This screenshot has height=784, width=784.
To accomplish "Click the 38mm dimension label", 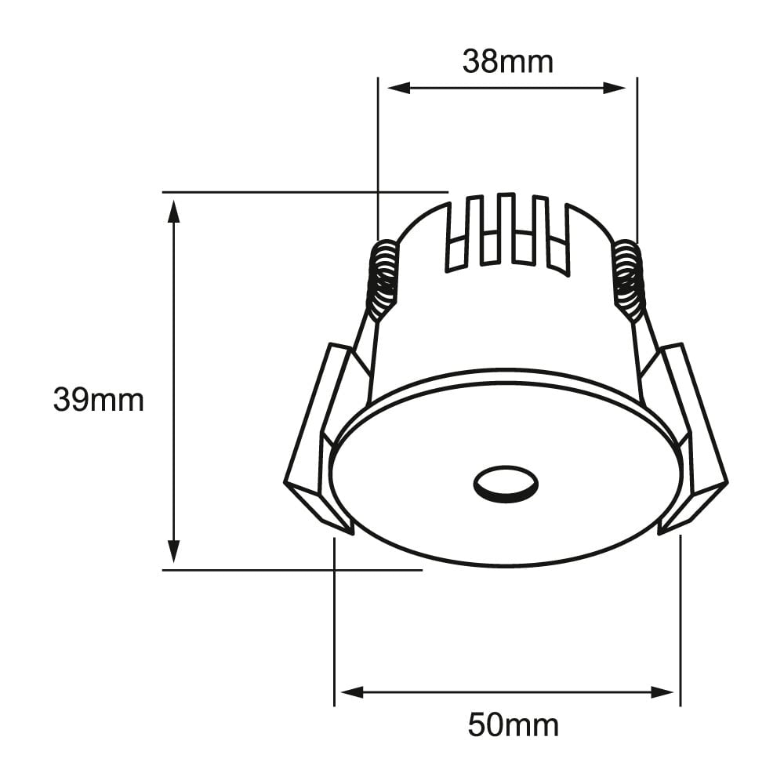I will (507, 61).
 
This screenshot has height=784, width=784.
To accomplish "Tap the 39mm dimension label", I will (99, 400).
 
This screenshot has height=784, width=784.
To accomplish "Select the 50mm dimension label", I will (514, 724).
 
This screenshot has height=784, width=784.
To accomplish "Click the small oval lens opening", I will (506, 485).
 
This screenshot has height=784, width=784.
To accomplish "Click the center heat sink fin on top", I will (506, 227).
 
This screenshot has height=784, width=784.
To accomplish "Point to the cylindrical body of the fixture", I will (502, 329).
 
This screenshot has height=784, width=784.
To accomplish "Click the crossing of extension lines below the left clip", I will (335, 570).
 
